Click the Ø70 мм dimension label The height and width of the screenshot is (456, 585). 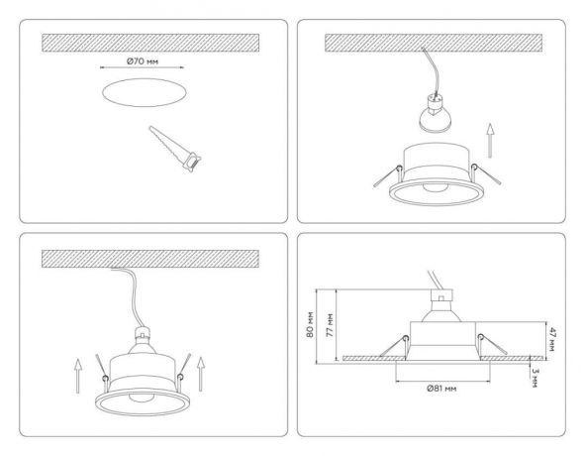tap(143, 62)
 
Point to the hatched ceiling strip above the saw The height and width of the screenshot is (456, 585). tap(148, 43)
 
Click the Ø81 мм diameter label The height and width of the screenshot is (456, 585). tap(440, 390)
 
